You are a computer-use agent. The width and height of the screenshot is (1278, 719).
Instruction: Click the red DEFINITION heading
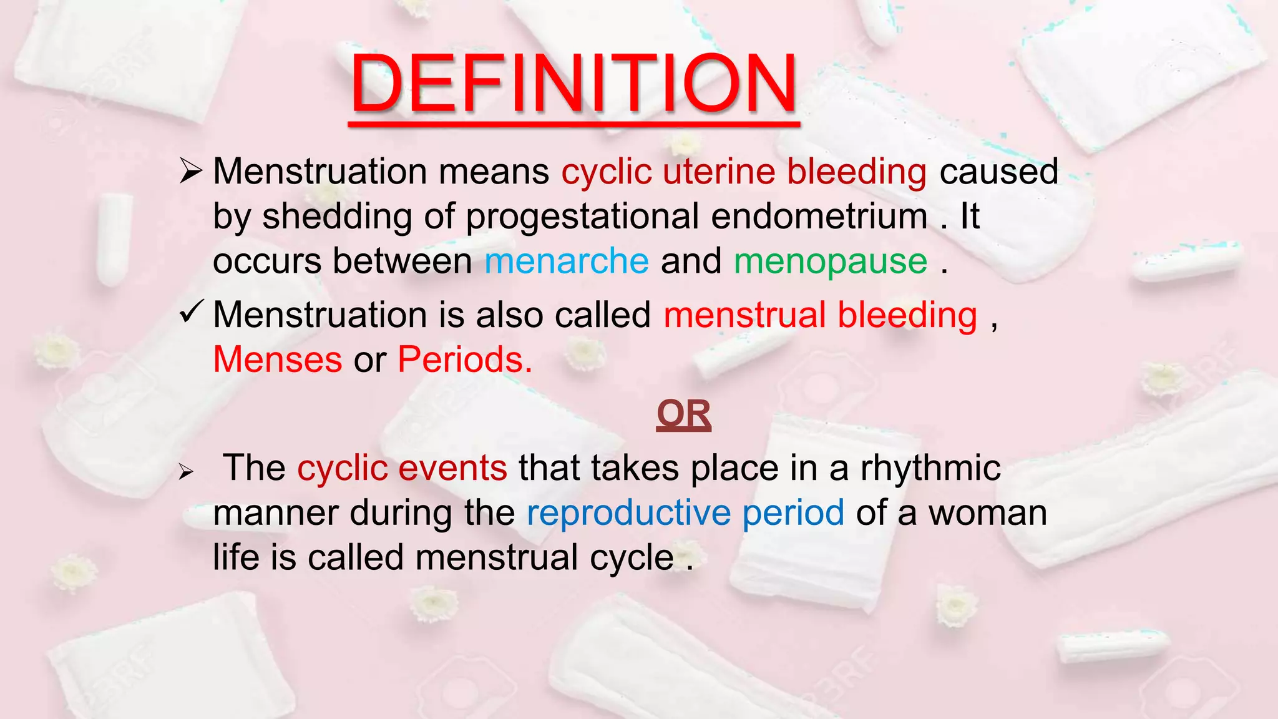coord(573,84)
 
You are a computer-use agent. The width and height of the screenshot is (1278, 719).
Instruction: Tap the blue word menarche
coord(567,261)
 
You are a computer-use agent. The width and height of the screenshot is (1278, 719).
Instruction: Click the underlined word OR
coord(683,414)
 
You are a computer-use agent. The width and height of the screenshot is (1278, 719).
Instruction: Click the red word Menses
coord(278,360)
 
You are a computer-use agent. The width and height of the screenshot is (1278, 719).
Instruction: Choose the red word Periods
coord(465,360)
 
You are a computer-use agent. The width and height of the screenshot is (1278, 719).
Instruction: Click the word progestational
coord(582,217)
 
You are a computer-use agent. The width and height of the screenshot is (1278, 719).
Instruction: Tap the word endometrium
coord(819,216)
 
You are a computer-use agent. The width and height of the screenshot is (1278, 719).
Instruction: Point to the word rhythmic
coord(930,468)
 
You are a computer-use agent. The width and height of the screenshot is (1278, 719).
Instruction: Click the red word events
coord(452,468)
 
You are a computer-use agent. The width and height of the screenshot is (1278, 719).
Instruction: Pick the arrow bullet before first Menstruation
coord(191,171)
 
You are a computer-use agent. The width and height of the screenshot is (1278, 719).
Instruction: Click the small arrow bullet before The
coord(186,472)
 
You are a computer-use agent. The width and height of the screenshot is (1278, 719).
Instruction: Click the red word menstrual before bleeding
coord(744,315)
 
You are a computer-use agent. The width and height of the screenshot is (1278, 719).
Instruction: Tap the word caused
coord(998,172)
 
